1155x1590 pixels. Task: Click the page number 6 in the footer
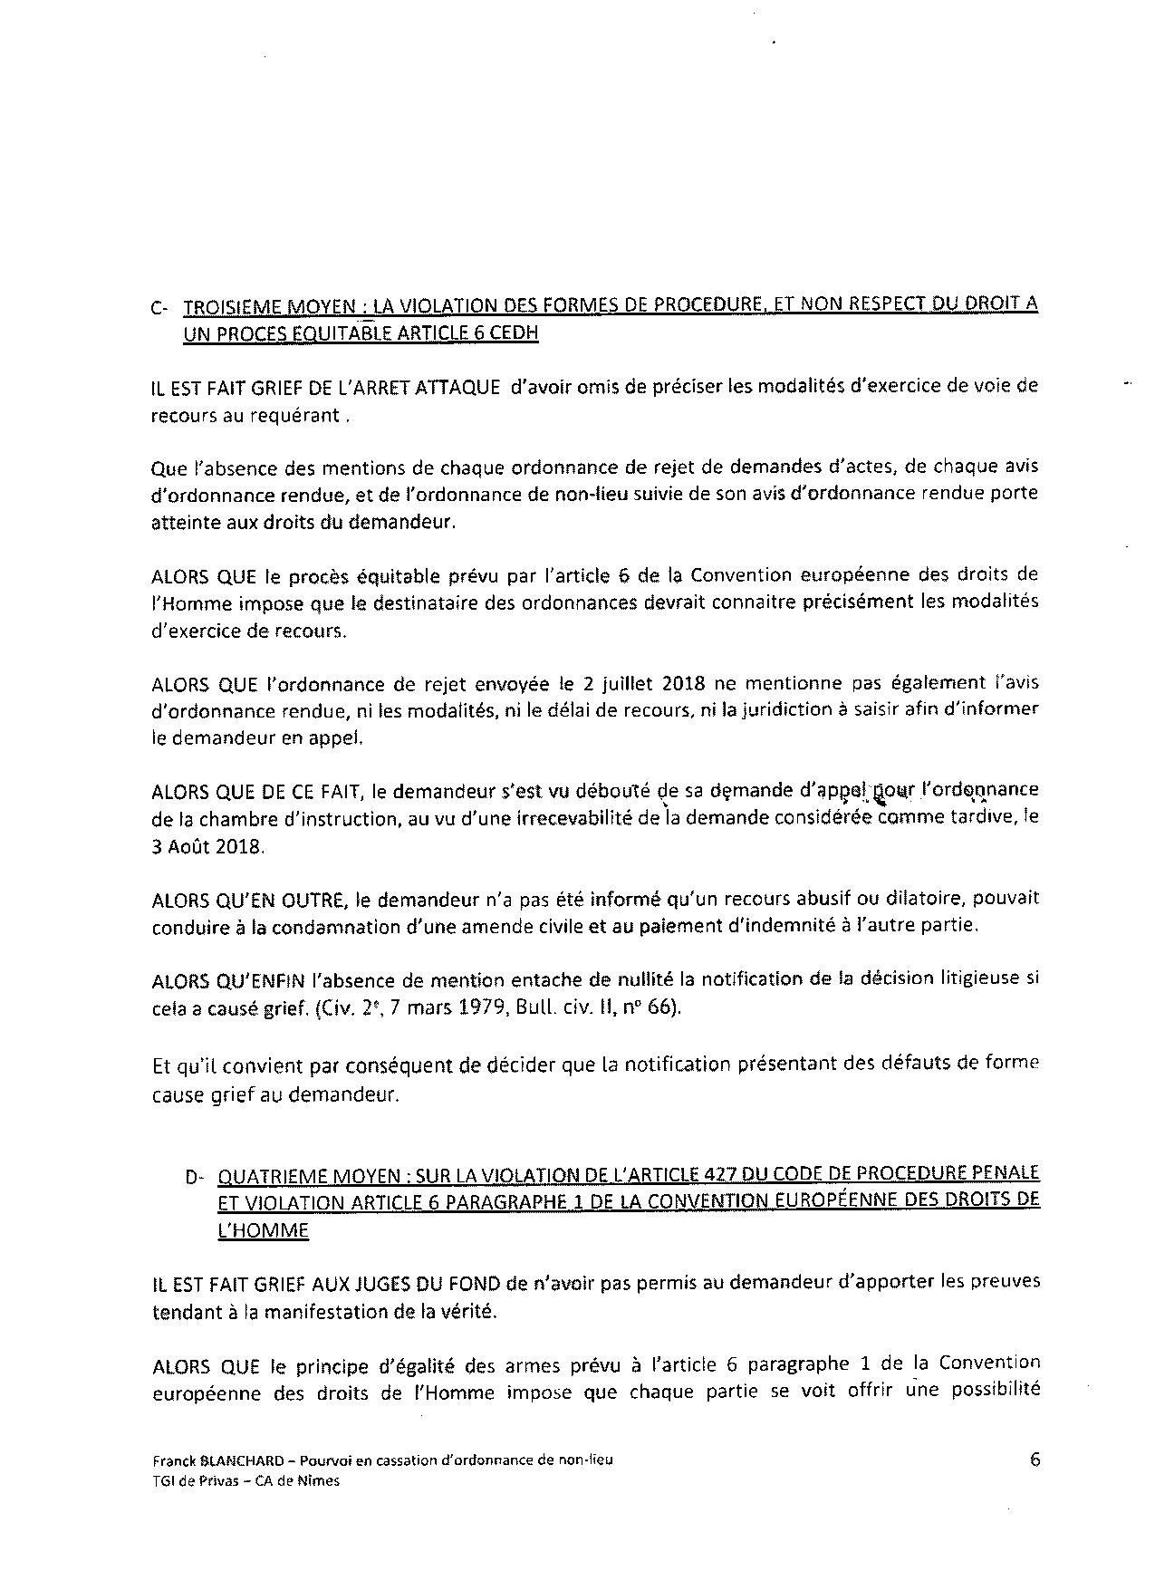1035,1460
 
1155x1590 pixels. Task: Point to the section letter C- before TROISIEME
160,308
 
